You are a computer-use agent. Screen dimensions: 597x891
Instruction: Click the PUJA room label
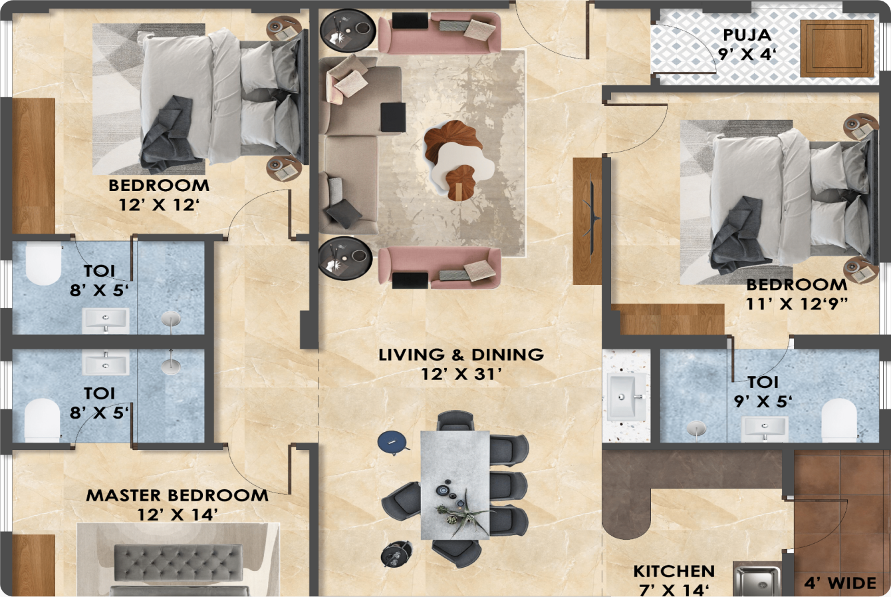[747, 34]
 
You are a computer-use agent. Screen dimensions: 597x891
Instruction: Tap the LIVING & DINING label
[461, 355]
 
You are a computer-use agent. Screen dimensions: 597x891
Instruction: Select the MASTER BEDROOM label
[177, 496]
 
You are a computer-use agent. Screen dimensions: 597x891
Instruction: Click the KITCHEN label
[674, 572]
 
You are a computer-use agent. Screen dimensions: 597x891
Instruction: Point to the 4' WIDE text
[840, 584]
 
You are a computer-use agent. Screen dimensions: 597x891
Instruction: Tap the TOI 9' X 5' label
[763, 392]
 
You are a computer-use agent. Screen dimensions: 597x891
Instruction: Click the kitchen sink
[757, 580]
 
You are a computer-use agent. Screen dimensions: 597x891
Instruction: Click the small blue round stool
[391, 441]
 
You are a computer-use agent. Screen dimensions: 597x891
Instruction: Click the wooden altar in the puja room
[836, 49]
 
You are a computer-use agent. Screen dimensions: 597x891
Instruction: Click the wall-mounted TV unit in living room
[588, 220]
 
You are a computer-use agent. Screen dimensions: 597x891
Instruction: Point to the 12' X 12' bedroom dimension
[160, 205]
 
